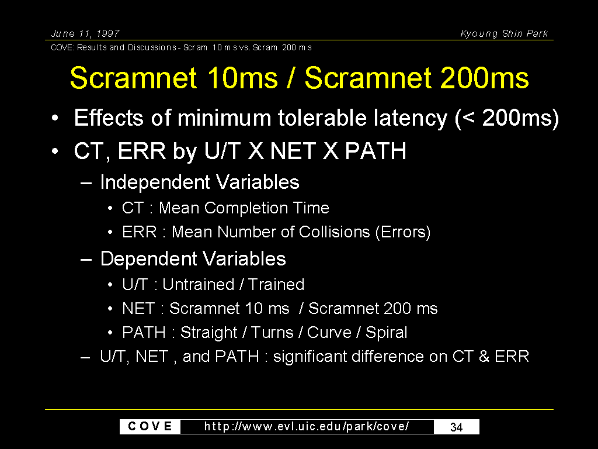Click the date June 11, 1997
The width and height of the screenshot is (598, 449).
tap(85, 33)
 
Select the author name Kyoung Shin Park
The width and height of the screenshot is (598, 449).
tap(504, 33)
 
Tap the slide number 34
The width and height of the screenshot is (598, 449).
tap(457, 427)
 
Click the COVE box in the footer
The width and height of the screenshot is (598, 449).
tap(150, 426)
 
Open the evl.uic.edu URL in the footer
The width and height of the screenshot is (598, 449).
tap(307, 426)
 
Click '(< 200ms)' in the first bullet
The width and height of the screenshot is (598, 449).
tap(507, 118)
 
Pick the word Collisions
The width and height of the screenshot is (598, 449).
tap(334, 232)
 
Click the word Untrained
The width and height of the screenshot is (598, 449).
tap(199, 285)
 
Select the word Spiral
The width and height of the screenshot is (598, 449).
tap(387, 333)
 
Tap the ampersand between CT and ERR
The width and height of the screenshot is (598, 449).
tap(484, 357)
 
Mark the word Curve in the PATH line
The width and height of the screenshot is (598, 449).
tap(329, 333)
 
